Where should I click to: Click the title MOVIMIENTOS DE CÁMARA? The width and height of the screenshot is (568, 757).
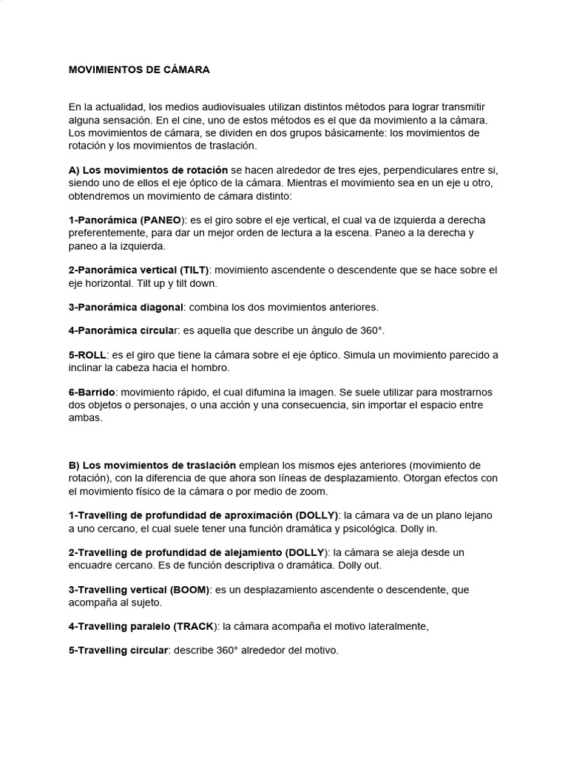[139, 69]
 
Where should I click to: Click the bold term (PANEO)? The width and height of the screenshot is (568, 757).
[162, 220]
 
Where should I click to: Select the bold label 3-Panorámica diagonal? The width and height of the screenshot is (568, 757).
[125, 307]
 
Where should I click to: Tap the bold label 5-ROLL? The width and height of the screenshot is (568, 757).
[87, 355]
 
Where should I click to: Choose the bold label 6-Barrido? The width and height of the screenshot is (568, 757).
[92, 392]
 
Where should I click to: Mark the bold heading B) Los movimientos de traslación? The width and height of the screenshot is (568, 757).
[152, 465]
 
